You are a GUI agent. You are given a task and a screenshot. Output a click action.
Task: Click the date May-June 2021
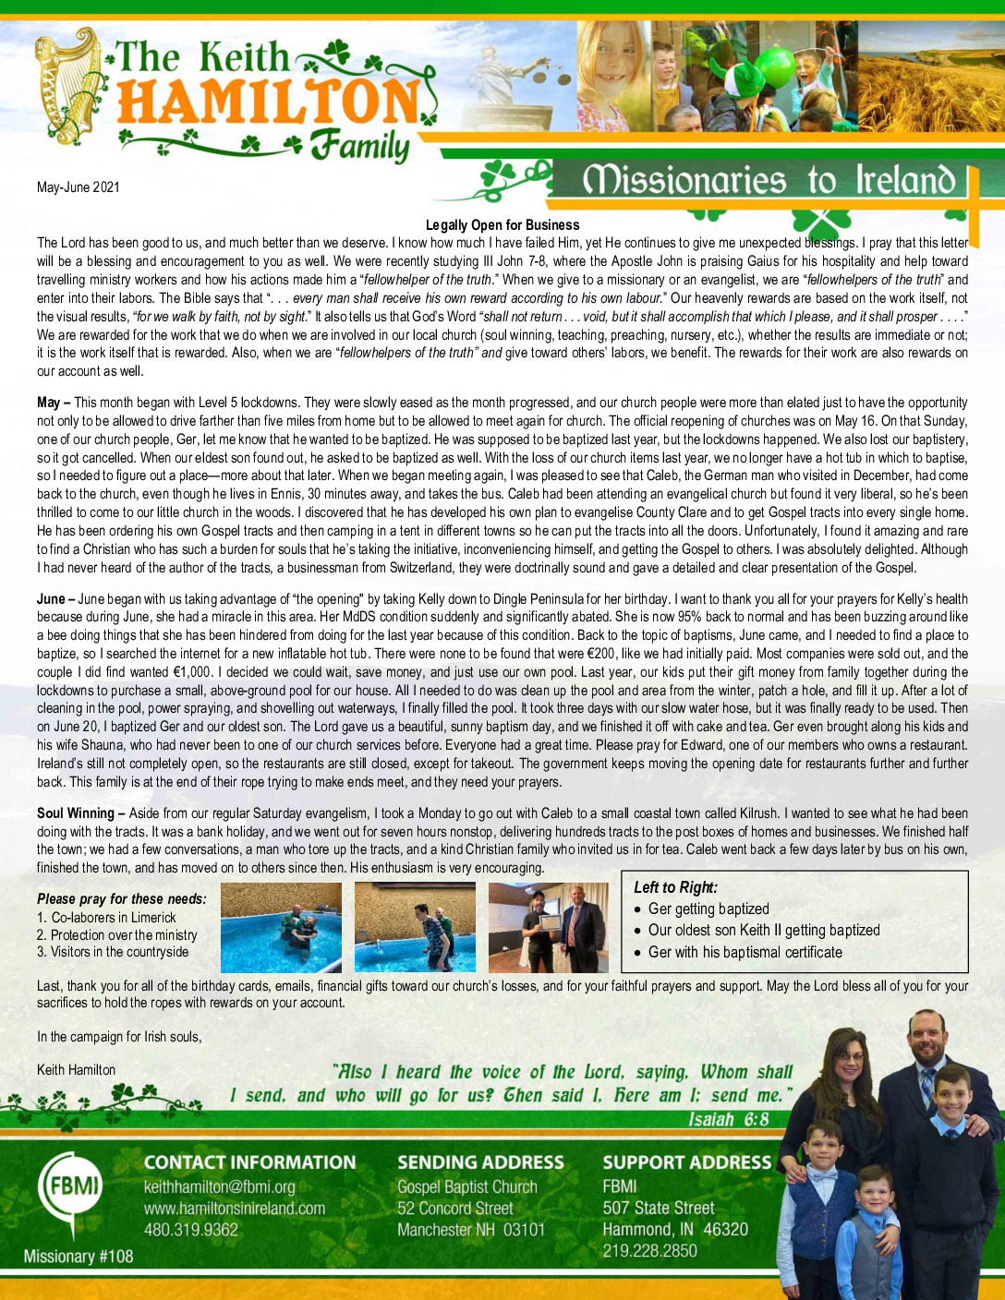(x=79, y=187)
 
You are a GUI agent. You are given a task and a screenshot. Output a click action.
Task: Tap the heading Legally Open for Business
(x=502, y=225)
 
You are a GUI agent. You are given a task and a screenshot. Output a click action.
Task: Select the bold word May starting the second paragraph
(x=48, y=403)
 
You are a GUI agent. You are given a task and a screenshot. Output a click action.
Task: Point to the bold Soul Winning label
(x=75, y=813)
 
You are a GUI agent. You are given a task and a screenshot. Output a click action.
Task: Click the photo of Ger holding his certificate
(x=548, y=927)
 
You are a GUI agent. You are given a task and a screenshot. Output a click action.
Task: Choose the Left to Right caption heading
(x=675, y=887)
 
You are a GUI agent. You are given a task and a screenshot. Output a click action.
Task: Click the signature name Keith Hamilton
(x=77, y=1070)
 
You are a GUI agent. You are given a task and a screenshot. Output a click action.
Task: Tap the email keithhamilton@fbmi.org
(x=220, y=1187)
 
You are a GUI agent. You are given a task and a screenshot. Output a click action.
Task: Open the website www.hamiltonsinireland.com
(x=235, y=1209)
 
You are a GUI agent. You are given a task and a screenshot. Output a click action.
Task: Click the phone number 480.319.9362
(x=191, y=1230)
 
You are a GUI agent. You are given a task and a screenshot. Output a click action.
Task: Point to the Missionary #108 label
(x=79, y=1257)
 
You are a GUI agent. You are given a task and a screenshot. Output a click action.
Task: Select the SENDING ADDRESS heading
(x=480, y=1163)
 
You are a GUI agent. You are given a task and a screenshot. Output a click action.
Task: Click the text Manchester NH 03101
(x=471, y=1230)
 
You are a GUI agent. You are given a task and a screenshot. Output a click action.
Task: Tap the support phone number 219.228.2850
(x=650, y=1251)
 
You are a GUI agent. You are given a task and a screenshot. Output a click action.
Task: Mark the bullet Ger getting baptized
(x=708, y=909)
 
